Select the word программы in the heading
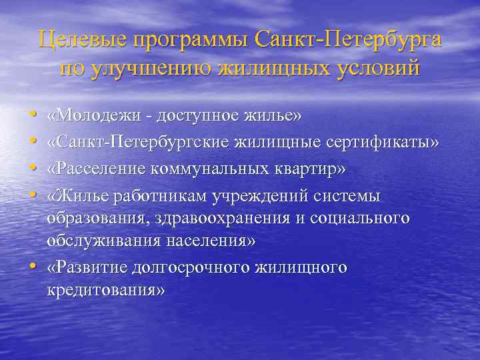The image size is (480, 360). click(x=187, y=40)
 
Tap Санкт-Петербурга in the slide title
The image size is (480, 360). click(x=348, y=40)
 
